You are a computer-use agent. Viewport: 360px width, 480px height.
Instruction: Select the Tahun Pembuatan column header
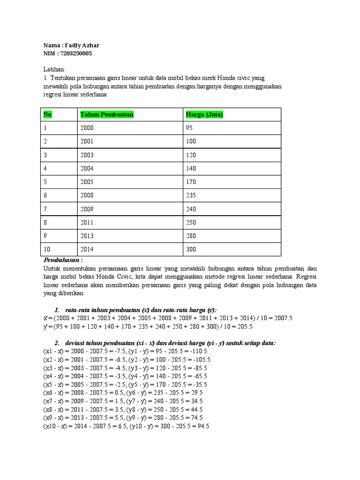coord(107,115)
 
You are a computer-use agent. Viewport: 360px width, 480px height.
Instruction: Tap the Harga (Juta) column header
coord(204,115)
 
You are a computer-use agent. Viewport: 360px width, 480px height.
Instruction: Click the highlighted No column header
coord(47,115)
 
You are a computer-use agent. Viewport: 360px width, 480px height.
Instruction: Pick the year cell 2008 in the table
coord(87,195)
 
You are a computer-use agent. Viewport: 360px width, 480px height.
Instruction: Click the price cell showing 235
coord(191,195)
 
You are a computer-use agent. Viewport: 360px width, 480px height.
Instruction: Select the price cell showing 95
coord(190,128)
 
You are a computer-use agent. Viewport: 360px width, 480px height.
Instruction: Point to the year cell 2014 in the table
coord(87,249)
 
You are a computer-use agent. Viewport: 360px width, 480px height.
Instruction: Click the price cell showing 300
coord(191,249)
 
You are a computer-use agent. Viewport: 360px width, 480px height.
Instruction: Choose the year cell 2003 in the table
coord(87,155)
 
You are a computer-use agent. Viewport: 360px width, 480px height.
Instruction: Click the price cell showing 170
coord(191,182)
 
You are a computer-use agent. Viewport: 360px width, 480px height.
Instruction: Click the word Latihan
coord(54,69)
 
